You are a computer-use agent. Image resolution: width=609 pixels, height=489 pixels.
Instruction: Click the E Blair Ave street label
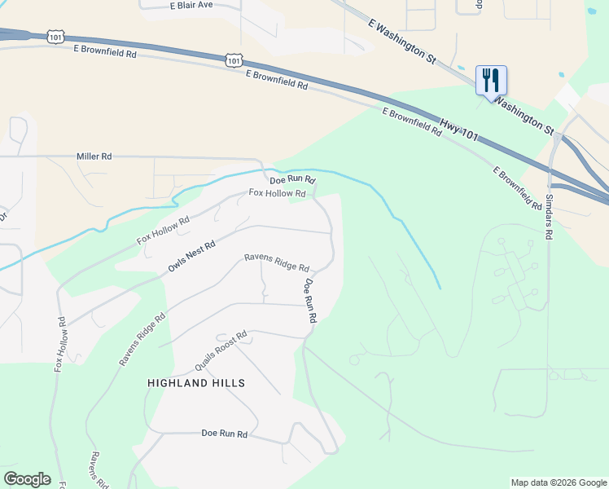pyautogui.click(x=191, y=5)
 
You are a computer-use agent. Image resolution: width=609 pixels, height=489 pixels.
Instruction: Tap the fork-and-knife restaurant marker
pyautogui.click(x=491, y=81)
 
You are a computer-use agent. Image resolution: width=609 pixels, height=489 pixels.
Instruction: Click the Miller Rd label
pyautogui.click(x=94, y=156)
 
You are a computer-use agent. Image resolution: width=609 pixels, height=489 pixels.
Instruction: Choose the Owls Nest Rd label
pyautogui.click(x=191, y=256)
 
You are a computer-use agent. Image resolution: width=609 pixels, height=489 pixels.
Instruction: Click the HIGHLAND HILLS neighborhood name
pyautogui.click(x=196, y=382)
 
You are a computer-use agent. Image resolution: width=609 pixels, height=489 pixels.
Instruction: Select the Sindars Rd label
pyautogui.click(x=549, y=216)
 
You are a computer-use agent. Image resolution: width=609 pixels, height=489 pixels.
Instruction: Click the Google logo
pyautogui.click(x=27, y=479)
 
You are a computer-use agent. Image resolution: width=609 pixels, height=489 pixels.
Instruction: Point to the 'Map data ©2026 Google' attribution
pyautogui.click(x=559, y=482)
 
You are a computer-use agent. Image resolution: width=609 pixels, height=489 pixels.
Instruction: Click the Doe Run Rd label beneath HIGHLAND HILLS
pyautogui.click(x=224, y=434)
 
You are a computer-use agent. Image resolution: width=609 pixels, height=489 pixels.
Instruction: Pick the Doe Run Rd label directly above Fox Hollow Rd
pyautogui.click(x=292, y=179)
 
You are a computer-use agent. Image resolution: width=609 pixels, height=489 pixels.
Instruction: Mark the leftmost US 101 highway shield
pyautogui.click(x=55, y=37)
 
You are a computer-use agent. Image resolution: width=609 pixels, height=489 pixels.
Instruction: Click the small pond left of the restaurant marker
pyautogui.click(x=461, y=68)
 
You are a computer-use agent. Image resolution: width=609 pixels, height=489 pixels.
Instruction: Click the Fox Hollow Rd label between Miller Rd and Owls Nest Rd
pyautogui.click(x=163, y=233)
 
